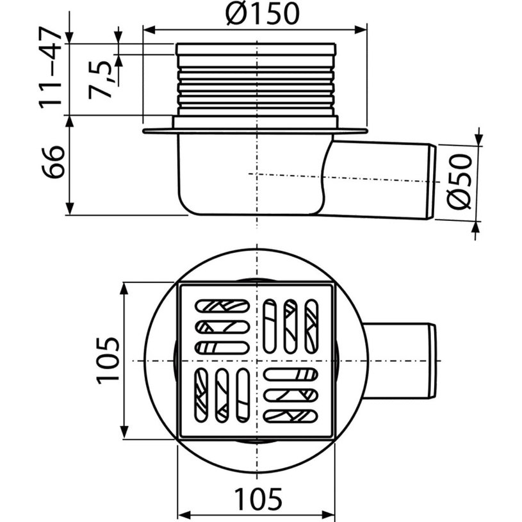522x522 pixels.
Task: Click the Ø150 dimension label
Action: click(262, 14)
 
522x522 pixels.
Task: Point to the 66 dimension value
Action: click(54, 163)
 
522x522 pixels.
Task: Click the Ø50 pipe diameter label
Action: click(460, 182)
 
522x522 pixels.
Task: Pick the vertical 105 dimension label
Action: click(108, 361)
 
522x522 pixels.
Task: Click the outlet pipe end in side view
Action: click(431, 183)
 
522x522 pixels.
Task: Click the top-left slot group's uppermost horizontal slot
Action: click(222, 306)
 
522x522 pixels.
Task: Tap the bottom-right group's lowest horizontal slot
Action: click(291, 416)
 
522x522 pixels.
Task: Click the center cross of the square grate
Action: click(256, 361)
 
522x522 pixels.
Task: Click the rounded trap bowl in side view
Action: click(250, 179)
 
